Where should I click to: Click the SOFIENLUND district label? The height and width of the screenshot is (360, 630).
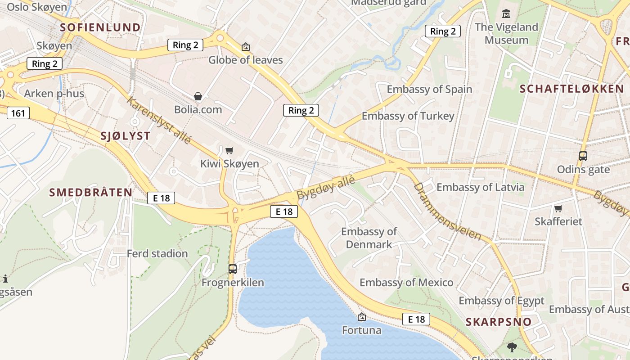(100, 27)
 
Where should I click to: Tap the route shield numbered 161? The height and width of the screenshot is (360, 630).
(18, 112)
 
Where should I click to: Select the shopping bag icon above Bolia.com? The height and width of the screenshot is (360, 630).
(198, 96)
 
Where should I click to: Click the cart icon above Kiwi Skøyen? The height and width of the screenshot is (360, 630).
(229, 150)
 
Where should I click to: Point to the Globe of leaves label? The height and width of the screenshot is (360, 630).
(245, 60)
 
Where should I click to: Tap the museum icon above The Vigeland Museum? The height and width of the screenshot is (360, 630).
(506, 13)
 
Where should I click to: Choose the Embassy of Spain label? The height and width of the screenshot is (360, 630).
(429, 89)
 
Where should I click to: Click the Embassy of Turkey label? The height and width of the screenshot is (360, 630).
(408, 116)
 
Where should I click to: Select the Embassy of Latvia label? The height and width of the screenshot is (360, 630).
(480, 187)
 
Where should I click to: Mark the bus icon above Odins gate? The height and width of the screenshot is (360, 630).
(583, 156)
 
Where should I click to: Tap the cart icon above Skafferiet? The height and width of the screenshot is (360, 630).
(558, 208)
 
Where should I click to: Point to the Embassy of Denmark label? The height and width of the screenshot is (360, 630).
(369, 238)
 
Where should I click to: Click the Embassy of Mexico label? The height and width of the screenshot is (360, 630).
(406, 283)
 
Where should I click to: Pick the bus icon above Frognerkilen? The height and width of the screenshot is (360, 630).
(233, 269)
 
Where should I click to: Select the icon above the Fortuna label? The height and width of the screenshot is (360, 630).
(361, 317)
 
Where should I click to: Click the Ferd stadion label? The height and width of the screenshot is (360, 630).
(157, 253)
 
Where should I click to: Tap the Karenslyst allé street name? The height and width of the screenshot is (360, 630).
(159, 120)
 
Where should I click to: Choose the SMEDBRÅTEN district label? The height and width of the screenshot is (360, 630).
(91, 193)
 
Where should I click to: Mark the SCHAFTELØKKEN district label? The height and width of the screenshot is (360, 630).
(571, 89)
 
